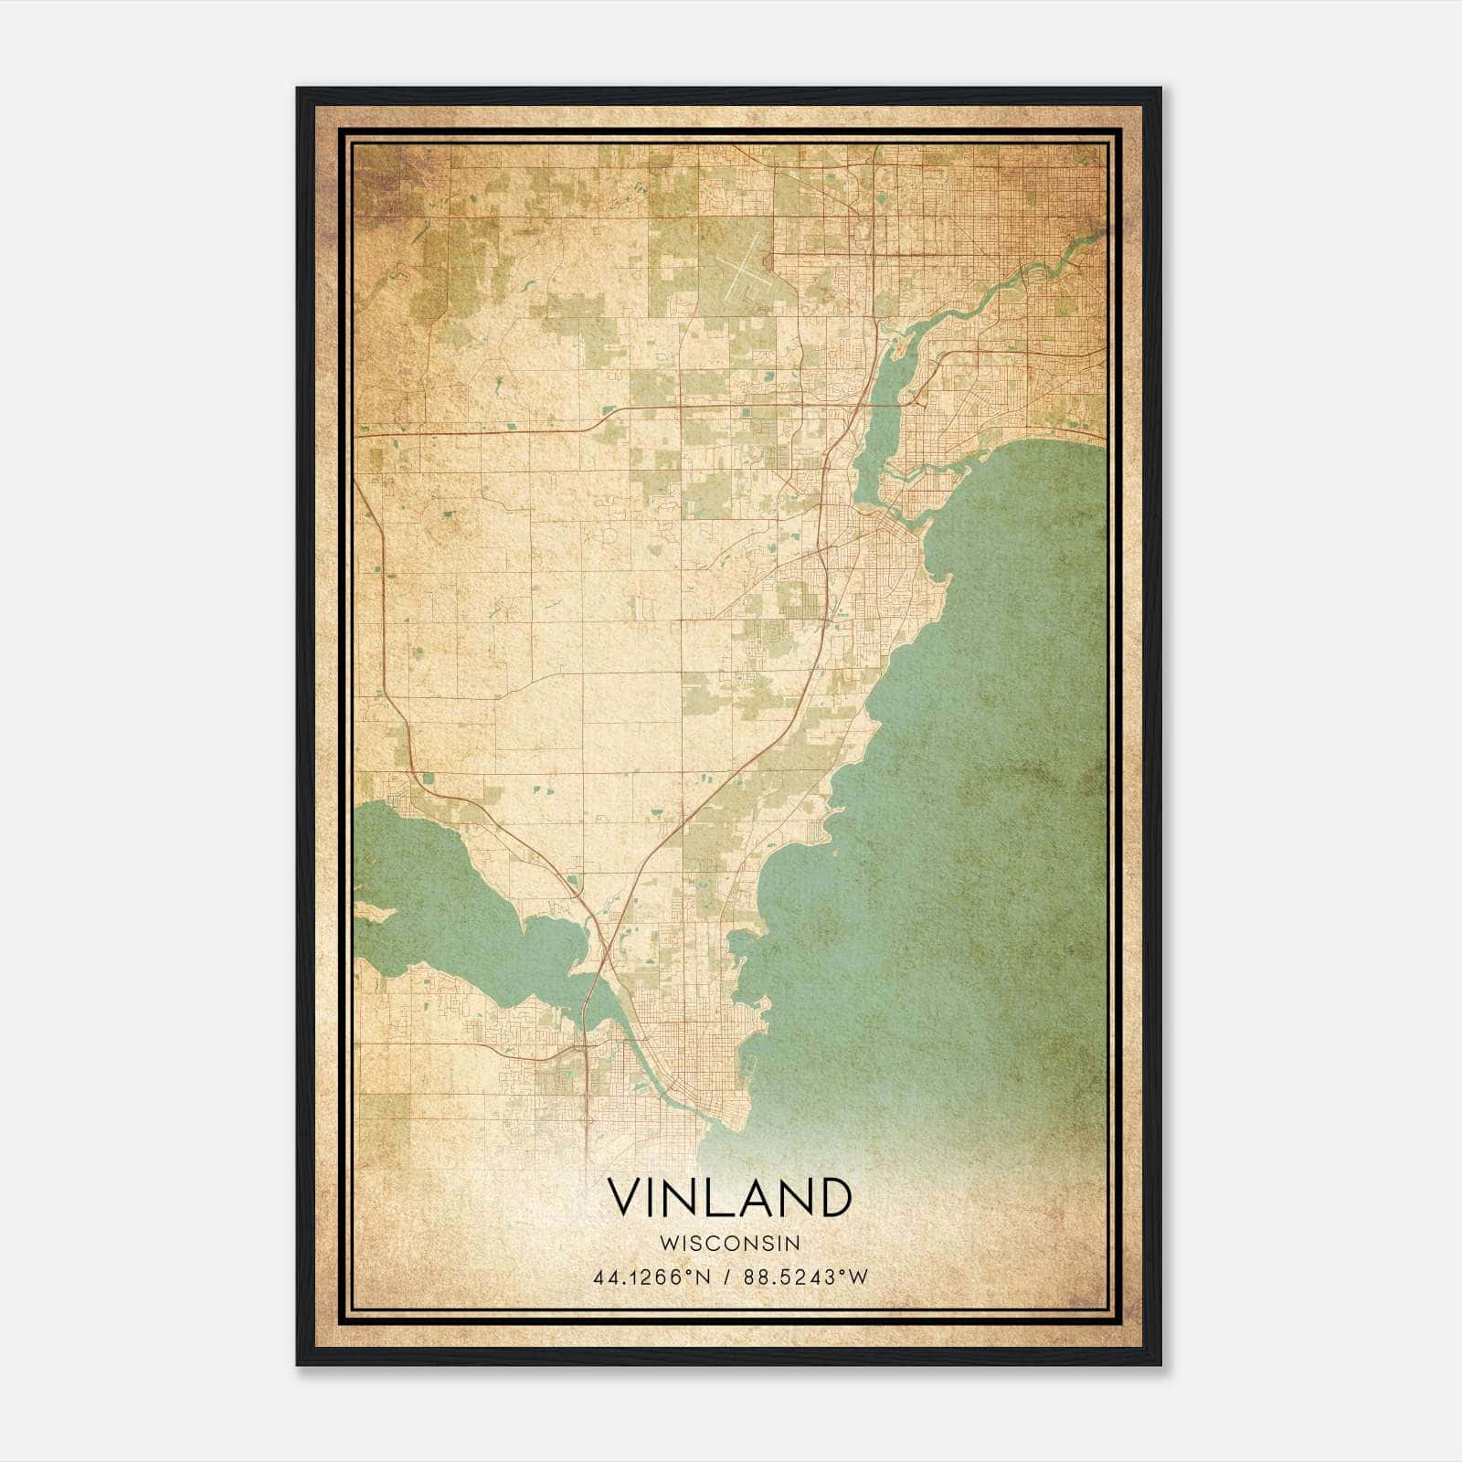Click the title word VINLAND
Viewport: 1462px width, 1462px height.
point(729,1198)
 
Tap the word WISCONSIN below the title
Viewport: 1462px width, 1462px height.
point(729,1244)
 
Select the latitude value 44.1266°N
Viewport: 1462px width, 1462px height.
point(652,1277)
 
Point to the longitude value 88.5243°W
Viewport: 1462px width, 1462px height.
point(803,1277)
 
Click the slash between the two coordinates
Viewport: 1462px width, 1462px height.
point(727,1277)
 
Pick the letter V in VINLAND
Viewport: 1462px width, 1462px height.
point(626,1198)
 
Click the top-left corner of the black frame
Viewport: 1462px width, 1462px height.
point(298,89)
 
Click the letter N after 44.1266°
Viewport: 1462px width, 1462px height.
point(705,1277)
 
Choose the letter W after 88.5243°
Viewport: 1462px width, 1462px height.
point(857,1277)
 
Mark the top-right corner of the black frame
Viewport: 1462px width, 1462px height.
point(1160,89)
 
